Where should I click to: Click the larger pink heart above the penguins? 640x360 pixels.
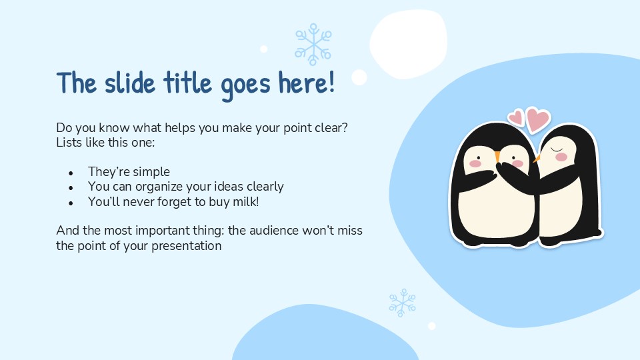point(537,119)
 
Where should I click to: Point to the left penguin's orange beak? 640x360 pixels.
point(497,157)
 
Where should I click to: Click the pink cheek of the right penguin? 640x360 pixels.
point(561,157)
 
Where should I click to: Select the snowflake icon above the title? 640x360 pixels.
point(313,45)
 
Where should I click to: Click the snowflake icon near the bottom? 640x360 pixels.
point(402,302)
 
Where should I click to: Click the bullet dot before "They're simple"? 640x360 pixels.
point(71,173)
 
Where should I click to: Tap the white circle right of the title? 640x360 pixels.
point(359,77)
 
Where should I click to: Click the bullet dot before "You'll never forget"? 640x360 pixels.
point(71,202)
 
